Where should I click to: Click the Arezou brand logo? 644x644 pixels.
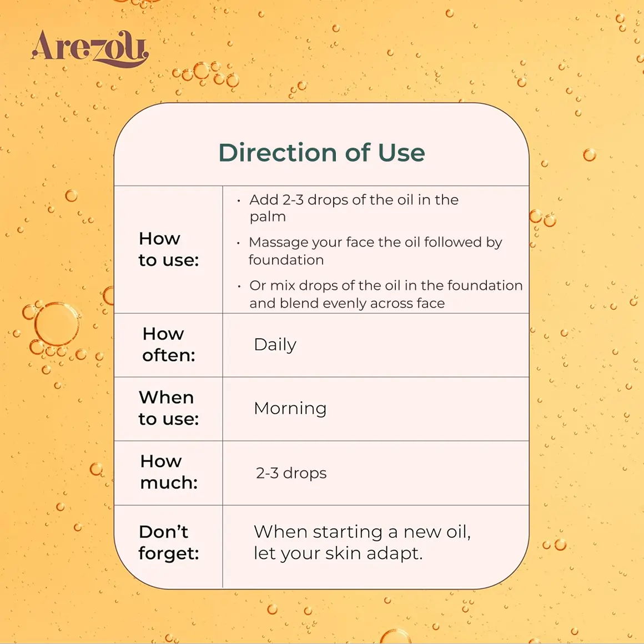89,48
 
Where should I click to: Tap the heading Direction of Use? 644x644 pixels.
321,152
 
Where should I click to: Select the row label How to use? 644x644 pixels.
169,249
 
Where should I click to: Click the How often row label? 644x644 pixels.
169,345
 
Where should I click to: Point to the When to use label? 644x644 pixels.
169,408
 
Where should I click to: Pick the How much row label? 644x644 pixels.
169,472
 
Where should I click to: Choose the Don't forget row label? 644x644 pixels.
169,542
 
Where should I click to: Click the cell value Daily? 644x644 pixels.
275,345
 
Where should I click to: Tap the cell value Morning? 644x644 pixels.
290,409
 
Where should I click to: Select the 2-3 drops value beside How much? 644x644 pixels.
291,473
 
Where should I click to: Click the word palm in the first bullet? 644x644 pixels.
268,217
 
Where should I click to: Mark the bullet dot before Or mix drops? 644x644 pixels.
239,286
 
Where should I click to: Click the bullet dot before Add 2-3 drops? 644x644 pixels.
239,201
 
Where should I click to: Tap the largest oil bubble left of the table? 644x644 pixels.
57,324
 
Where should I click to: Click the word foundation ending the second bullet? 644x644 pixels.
286,260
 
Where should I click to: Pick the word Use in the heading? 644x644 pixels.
401,152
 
